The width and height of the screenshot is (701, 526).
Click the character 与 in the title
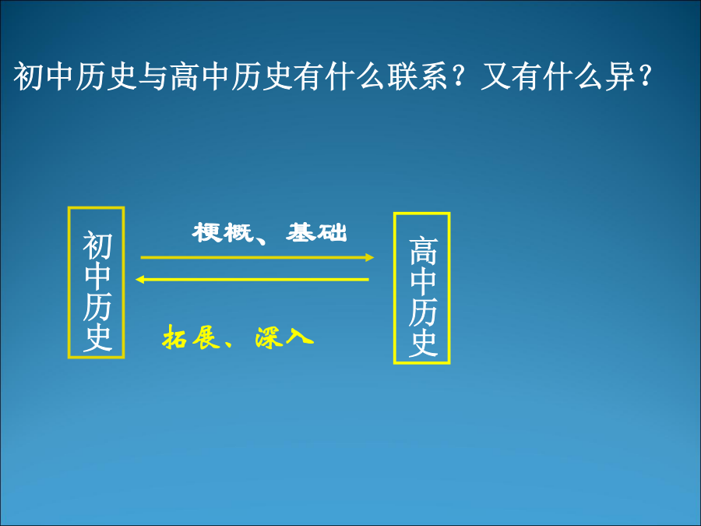coord(153,76)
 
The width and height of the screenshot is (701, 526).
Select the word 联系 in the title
coord(417,76)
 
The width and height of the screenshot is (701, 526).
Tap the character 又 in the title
coord(495,76)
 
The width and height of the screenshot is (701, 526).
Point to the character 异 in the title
coord(620,76)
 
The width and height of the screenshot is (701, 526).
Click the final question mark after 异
coord(645,76)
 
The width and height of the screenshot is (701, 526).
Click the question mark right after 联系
coord(458,76)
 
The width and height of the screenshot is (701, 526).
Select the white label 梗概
coord(222,232)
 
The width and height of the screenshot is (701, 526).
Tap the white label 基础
coord(317,232)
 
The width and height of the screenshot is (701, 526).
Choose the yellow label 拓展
coord(192,337)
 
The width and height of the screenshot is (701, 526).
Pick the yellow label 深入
coord(284,337)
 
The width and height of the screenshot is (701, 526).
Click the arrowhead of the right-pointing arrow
coord(370,257)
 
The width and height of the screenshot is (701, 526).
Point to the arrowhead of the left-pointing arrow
coord(139,280)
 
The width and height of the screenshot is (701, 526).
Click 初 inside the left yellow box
coord(97,245)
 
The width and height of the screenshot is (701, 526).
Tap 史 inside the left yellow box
coord(97,337)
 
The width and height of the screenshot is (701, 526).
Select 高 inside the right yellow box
coord(422,251)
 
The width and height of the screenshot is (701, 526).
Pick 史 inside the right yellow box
coord(422,343)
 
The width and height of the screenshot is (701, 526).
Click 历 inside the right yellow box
coord(422,312)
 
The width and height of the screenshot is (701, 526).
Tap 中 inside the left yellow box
coord(97,276)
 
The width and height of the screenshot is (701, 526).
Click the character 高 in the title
coord(184,76)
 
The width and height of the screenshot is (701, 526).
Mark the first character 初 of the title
coord(28,76)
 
